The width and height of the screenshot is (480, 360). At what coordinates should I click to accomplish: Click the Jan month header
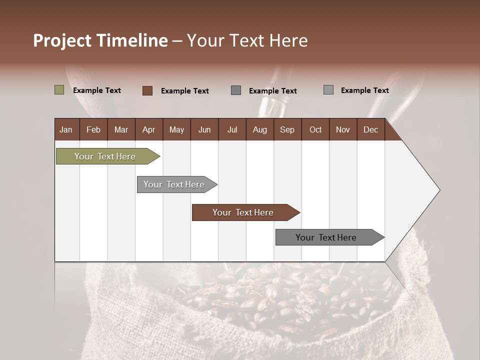66,129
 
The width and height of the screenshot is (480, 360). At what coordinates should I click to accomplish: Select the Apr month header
148,129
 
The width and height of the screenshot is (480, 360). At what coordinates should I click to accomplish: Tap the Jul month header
232,129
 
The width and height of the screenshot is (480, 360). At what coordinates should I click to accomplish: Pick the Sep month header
287,129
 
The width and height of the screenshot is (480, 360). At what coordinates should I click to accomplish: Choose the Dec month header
370,129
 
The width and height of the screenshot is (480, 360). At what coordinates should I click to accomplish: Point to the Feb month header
93,129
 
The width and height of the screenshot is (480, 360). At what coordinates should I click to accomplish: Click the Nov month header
342,129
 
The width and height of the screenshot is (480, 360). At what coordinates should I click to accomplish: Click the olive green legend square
59,90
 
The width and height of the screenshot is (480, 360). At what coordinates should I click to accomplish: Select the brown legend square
147,90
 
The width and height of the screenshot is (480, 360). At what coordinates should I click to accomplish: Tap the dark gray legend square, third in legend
236,90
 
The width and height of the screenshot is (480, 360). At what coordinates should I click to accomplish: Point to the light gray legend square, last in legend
328,90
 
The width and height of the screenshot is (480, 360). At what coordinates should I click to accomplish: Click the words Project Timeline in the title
100,40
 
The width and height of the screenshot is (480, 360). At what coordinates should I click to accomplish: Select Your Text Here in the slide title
247,40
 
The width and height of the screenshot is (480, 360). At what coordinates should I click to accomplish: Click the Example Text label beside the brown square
184,91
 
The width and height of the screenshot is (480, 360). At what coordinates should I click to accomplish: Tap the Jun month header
204,129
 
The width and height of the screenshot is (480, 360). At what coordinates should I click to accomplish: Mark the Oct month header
315,129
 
